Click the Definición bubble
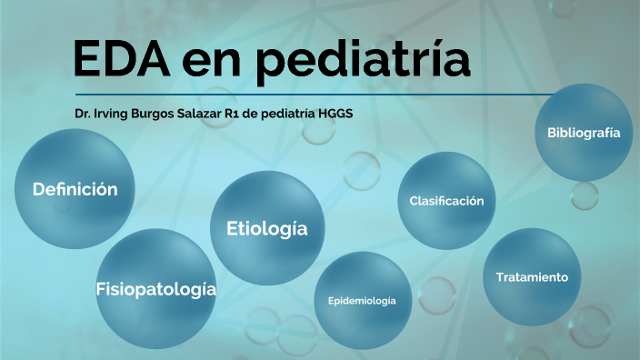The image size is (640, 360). click(75, 190)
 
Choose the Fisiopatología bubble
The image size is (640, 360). click(155, 289)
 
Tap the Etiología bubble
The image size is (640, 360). click(266, 228)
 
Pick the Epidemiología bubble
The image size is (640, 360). click(362, 301)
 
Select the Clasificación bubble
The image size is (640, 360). click(446, 201)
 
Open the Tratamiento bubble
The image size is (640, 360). click(532, 276)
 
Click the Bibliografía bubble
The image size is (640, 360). click(584, 133)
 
